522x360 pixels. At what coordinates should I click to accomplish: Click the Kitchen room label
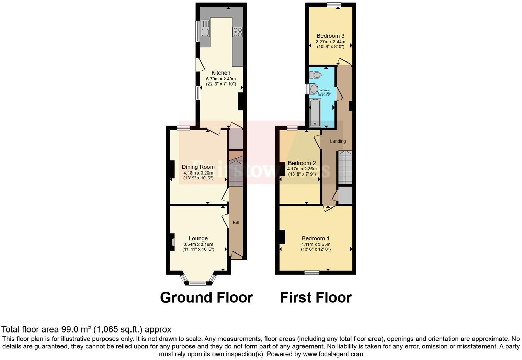pos(221,73)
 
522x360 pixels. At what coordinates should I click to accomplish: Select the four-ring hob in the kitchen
pos(238,32)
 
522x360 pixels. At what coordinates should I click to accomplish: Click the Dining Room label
pos(198,167)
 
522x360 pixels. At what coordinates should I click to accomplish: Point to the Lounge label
pos(198,238)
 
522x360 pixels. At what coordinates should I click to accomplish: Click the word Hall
pos(236,223)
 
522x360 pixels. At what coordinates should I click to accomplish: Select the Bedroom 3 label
pos(330,36)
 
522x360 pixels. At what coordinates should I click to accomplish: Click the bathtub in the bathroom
pos(315,113)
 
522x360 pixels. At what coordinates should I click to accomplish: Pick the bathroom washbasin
pos(314,89)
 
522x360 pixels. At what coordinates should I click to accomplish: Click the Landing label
pos(338,141)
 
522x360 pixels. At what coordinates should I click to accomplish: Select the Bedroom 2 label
pos(302,163)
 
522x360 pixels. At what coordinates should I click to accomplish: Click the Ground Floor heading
pos(206,297)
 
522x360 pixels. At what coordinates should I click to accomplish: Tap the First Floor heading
pos(316,297)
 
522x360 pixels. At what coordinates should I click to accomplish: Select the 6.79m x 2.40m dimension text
pos(221,79)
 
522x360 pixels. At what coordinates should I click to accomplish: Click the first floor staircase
pos(345,168)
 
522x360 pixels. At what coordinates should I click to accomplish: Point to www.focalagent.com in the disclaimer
pos(333,354)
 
